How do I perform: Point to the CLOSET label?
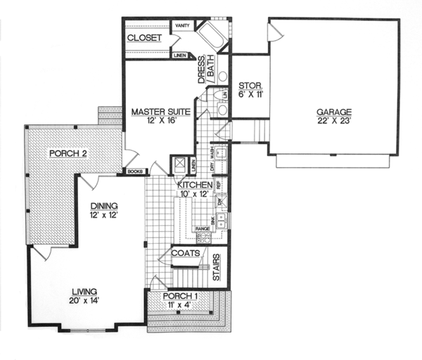click(145, 38)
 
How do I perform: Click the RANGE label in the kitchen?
click(203, 229)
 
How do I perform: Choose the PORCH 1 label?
click(180, 296)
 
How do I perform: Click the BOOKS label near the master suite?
click(136, 171)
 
